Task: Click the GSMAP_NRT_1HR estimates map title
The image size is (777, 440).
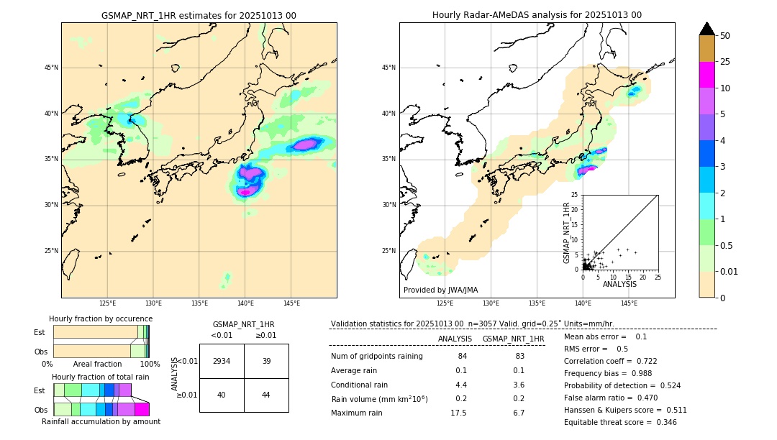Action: (199, 15)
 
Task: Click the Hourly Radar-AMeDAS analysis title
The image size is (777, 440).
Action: (537, 15)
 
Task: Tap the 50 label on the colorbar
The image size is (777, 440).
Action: (725, 36)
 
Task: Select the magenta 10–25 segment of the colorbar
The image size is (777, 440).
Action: (706, 75)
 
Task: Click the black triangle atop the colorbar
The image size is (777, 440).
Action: (706, 29)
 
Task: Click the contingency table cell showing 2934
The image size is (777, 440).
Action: (222, 361)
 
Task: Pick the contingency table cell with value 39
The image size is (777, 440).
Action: (266, 361)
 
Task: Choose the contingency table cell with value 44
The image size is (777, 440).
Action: (266, 395)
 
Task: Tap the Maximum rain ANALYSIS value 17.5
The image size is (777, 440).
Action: (458, 413)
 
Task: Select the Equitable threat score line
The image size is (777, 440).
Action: (620, 422)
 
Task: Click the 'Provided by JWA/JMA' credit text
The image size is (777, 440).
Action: (440, 290)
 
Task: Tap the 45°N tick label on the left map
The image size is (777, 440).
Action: (51, 68)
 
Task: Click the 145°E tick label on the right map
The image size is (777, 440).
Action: (629, 303)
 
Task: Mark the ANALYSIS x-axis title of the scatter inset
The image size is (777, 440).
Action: (619, 284)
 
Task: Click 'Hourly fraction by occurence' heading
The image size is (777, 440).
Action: (101, 318)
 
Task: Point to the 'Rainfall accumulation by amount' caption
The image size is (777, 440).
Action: (101, 421)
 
